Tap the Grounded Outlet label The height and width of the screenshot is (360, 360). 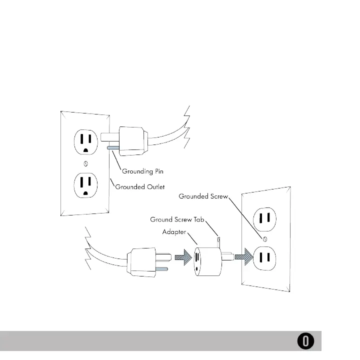click(x=140, y=188)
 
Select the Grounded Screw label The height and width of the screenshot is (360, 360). click(x=203, y=196)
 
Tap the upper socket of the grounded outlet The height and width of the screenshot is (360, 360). click(x=84, y=142)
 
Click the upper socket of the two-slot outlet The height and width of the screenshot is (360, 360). click(x=265, y=217)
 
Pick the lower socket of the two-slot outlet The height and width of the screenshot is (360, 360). click(x=265, y=258)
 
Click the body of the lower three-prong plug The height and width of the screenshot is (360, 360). click(x=143, y=260)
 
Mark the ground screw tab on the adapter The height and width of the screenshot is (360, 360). click(x=219, y=240)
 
